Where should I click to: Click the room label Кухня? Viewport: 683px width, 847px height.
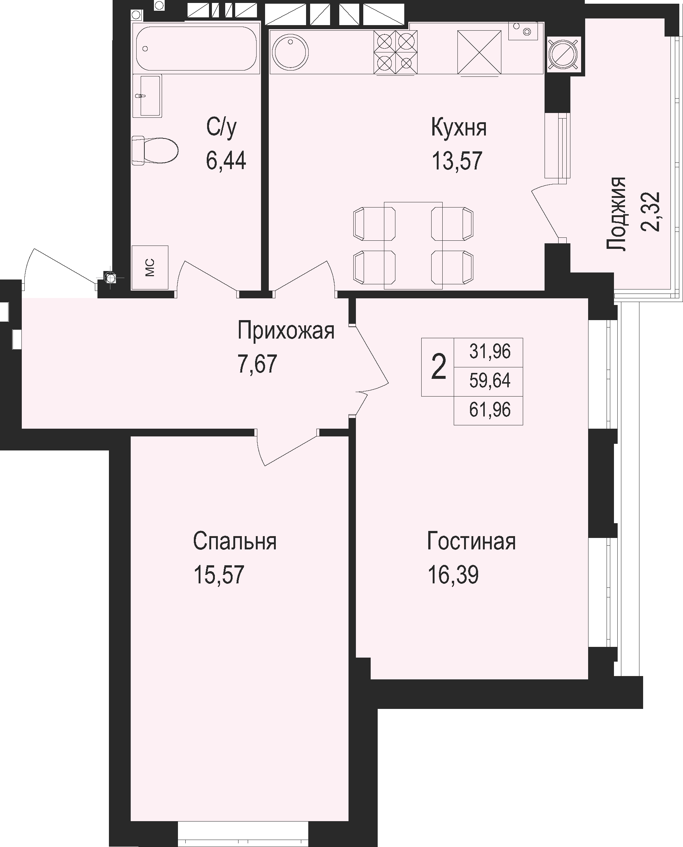(459, 128)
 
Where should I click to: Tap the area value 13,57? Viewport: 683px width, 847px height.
(457, 161)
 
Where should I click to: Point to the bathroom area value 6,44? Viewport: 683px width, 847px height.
(226, 161)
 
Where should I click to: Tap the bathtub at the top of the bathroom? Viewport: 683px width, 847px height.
(196, 48)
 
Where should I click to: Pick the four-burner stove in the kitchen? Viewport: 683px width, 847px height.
(395, 52)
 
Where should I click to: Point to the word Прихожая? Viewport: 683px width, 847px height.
(286, 330)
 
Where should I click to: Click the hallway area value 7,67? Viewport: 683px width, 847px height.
(258, 364)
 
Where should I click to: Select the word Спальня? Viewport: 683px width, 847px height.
(235, 541)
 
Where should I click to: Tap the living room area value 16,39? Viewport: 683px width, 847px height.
(453, 575)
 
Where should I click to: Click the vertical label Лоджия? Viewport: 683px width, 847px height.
(616, 214)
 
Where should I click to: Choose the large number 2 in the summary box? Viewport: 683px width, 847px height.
(438, 367)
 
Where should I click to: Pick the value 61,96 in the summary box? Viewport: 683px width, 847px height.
(490, 410)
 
